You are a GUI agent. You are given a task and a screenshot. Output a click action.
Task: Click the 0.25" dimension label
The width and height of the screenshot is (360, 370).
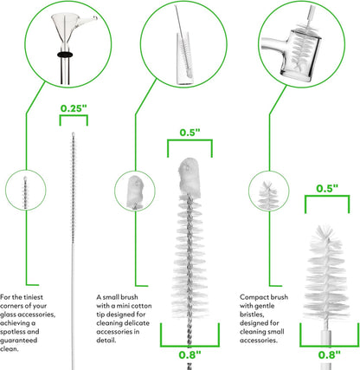[x=74, y=108]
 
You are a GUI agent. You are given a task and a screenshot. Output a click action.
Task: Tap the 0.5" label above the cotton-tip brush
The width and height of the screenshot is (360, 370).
[x=190, y=133]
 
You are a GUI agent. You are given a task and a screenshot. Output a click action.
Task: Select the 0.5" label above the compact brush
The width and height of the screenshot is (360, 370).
[x=327, y=188]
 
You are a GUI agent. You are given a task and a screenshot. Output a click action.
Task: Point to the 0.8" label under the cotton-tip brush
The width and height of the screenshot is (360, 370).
[x=190, y=354]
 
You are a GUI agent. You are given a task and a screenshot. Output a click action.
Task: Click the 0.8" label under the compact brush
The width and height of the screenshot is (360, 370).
[x=330, y=354]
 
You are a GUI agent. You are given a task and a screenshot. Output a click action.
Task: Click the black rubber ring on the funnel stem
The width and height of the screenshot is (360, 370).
[x=65, y=55]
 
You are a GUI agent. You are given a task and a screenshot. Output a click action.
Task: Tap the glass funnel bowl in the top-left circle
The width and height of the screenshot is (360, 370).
[x=65, y=28]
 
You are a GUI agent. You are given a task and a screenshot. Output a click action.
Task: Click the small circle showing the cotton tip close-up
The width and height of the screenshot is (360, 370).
[x=135, y=191]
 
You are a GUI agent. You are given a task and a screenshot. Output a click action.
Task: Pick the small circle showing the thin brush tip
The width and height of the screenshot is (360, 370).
[x=26, y=190]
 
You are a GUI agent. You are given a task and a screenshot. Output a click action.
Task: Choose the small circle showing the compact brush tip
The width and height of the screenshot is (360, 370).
[x=269, y=191]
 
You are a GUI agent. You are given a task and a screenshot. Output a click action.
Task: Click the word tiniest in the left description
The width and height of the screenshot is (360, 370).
[x=33, y=297]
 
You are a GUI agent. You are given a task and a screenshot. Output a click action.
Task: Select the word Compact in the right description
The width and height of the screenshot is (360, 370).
[x=252, y=297]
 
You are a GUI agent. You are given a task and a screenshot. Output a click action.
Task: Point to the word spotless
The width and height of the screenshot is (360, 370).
[x=12, y=332]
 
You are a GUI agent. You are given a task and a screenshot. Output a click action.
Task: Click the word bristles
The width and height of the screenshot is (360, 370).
[x=252, y=315]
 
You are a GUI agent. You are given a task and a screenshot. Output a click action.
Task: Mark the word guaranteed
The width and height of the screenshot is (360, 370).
[x=18, y=341]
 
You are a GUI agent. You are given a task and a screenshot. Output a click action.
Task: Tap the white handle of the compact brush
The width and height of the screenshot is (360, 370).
[x=326, y=350]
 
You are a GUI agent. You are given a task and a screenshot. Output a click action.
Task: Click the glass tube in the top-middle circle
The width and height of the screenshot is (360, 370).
[x=184, y=58]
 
